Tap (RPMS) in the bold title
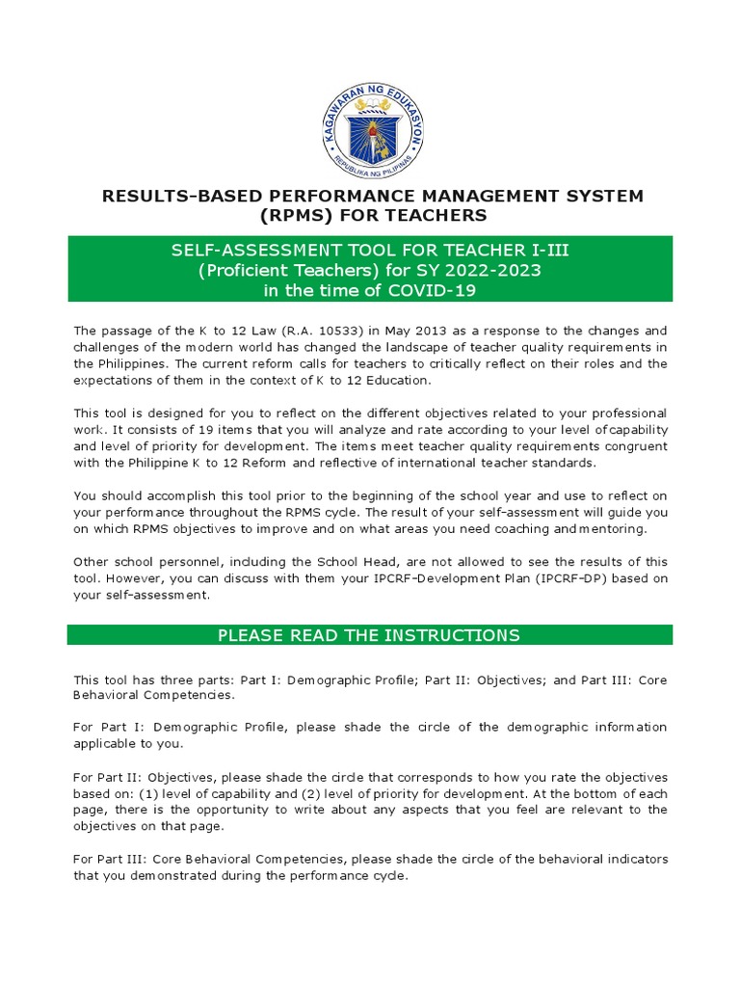point(286,215)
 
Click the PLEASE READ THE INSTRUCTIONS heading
point(369,635)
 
